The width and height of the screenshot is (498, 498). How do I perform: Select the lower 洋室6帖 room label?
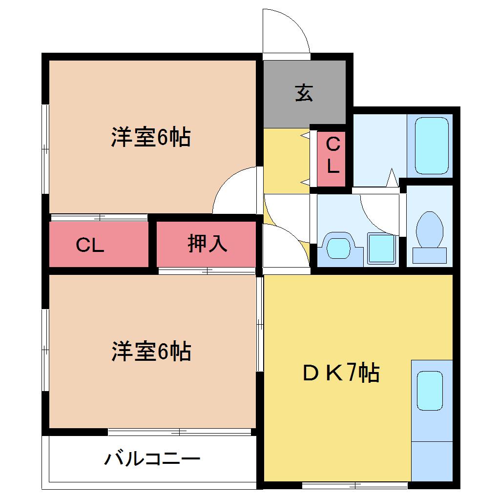(x=151, y=351)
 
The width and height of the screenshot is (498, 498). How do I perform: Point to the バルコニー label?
(x=152, y=458)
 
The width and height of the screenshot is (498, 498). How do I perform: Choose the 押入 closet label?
(x=207, y=244)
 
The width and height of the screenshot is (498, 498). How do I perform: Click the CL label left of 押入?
(x=90, y=245)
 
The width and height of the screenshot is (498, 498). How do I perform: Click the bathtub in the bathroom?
(x=431, y=146)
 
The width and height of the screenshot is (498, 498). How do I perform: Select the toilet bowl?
(x=430, y=229)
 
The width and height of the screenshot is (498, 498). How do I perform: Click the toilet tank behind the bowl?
(x=429, y=256)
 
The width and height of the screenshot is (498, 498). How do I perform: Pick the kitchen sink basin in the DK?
(x=430, y=391)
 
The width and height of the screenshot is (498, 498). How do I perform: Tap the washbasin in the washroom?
(x=338, y=248)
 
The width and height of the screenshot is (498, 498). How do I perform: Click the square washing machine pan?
(x=382, y=249)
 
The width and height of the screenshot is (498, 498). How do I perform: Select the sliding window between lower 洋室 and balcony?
(x=180, y=432)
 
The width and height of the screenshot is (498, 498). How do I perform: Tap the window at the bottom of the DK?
(x=354, y=486)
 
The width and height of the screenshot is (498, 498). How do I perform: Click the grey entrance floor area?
(x=304, y=94)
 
